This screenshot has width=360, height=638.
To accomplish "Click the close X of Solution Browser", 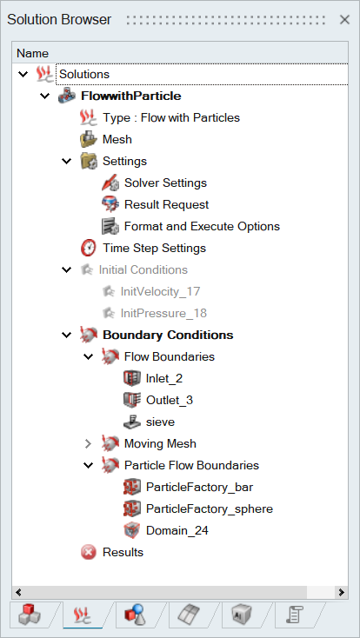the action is click(x=344, y=19).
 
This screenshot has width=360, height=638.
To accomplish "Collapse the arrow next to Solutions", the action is click(x=23, y=74).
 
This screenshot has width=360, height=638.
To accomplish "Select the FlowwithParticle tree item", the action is click(x=131, y=96).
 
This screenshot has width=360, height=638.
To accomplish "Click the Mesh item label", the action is click(x=117, y=140).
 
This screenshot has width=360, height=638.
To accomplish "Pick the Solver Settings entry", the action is click(x=165, y=183).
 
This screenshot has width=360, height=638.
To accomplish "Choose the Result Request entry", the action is click(x=167, y=204).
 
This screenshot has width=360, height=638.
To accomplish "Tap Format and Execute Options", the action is click(x=202, y=226).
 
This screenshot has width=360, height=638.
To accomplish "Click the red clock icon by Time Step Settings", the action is click(x=89, y=248).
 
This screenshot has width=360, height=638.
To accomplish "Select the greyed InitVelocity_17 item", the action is click(x=161, y=291).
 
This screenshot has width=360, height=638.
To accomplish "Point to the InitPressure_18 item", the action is click(x=163, y=313).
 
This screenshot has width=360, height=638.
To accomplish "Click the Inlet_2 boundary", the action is click(x=164, y=378).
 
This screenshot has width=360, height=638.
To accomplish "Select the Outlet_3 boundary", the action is click(x=170, y=401).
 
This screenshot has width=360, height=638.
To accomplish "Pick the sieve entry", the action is click(x=161, y=422).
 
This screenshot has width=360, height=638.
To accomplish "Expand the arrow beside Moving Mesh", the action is click(x=88, y=444).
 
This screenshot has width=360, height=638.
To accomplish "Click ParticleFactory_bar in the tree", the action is click(x=199, y=487).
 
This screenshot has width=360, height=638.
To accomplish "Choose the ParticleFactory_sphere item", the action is click(x=210, y=509).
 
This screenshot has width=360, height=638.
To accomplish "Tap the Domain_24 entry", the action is click(x=177, y=530).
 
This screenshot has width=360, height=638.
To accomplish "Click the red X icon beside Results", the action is click(x=89, y=552).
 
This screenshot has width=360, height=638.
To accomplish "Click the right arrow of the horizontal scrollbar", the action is click(x=341, y=592).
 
